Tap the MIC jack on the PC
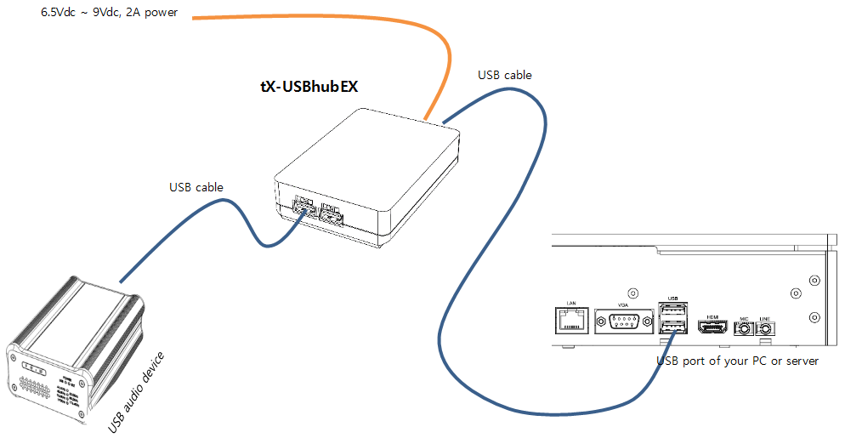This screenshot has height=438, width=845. point(745,327)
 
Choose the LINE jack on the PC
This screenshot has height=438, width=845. point(765,327)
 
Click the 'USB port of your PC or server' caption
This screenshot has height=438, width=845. point(737,361)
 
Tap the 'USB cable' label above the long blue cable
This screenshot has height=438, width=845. point(505,75)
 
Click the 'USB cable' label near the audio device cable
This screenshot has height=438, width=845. point(196,187)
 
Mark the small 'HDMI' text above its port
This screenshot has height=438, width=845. point(712,316)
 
